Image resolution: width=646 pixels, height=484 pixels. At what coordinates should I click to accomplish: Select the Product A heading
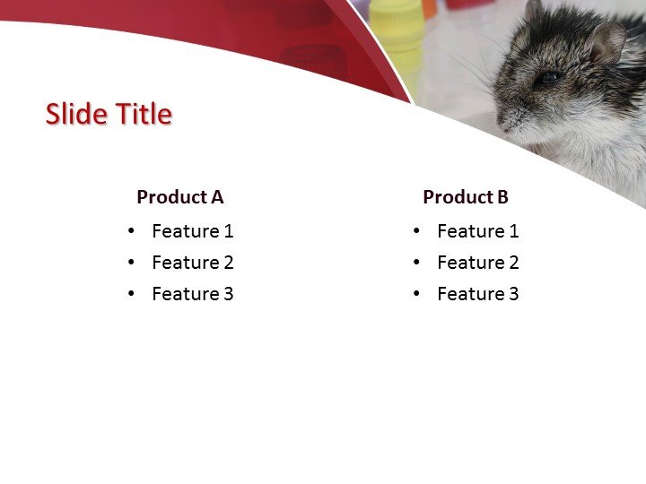tap(179, 197)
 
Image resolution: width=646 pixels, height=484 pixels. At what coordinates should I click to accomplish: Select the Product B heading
tap(465, 197)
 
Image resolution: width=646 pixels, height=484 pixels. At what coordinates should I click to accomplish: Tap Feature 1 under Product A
tap(192, 231)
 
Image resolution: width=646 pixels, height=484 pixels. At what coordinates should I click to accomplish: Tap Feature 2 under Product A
tap(192, 263)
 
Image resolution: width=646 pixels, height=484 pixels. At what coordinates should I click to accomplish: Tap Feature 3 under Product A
tap(192, 294)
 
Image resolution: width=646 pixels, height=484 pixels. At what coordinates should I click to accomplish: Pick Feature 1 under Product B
tap(477, 231)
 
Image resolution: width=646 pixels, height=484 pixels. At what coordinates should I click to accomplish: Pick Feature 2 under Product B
tap(477, 263)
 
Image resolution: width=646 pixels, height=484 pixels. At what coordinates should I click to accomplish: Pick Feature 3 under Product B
tap(477, 294)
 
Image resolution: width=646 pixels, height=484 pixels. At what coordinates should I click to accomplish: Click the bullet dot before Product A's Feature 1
tap(132, 231)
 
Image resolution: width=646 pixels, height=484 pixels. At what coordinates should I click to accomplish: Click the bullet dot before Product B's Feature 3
tap(417, 294)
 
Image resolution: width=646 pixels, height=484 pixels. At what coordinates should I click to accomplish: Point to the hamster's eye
tap(548, 78)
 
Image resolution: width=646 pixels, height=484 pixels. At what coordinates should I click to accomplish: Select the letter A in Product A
tap(216, 197)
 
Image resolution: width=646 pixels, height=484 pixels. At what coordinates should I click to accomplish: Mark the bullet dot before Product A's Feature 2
tap(132, 263)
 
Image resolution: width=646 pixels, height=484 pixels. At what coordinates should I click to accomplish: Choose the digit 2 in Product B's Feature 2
tap(513, 263)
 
